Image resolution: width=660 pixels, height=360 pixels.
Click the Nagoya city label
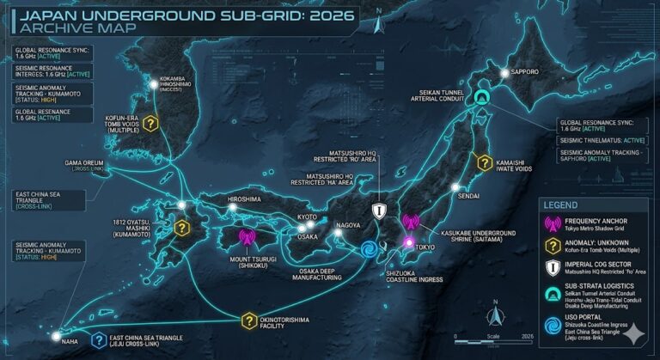[348, 225]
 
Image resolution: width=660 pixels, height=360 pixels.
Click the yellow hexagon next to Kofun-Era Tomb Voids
[151, 124]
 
